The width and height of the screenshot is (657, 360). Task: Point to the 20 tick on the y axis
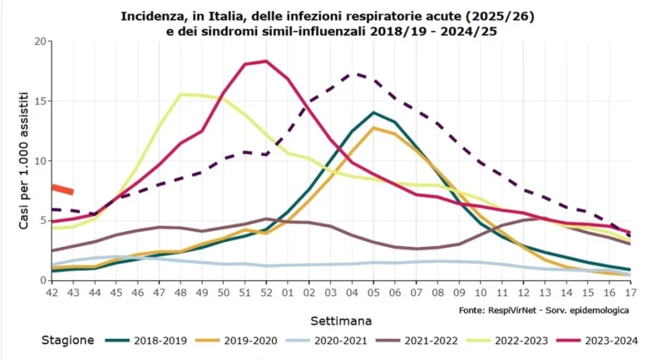pyautogui.click(x=42, y=42)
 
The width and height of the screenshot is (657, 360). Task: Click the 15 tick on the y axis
pyautogui.click(x=42, y=101)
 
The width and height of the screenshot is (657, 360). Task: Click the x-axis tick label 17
pyautogui.click(x=630, y=293)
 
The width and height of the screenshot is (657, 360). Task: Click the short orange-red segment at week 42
pyautogui.click(x=62, y=189)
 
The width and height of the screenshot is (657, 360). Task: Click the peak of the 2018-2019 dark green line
pyautogui.click(x=373, y=112)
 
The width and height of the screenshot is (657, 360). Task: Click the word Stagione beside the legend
pyautogui.click(x=67, y=341)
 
